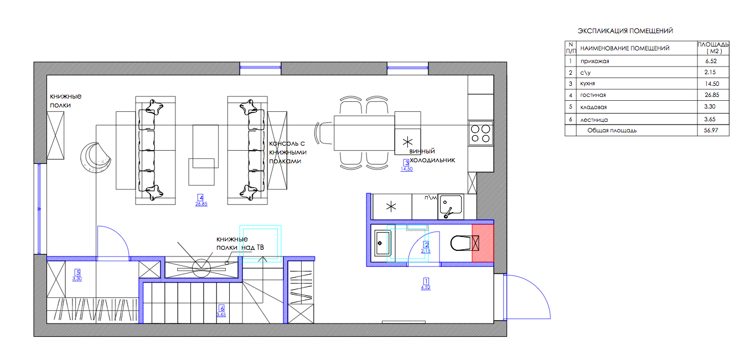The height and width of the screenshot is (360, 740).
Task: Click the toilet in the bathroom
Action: coord(461,243)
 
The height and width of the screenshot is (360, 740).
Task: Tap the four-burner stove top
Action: coord(480,133)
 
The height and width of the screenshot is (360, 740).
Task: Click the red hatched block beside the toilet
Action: coord(483,243)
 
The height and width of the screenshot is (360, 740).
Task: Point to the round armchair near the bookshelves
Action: coord(95,158)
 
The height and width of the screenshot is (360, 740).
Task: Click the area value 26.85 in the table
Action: coord(712,95)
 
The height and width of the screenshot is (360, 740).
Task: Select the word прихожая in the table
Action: coord(594,61)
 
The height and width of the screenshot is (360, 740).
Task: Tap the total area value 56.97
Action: coord(711,130)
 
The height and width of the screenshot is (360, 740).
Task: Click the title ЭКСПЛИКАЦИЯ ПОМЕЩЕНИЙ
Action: coord(625,31)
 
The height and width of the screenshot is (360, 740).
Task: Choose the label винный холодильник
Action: coord(432,156)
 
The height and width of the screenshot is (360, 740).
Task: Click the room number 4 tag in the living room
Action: coord(200,197)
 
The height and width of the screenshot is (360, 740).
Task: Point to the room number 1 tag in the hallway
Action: coord(426,281)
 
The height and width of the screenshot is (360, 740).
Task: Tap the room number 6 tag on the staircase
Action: coord(222,308)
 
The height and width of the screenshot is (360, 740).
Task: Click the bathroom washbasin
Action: coord(382,243)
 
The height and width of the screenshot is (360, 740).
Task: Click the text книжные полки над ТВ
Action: coord(240,243)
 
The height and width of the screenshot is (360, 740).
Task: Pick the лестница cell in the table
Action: coord(594,120)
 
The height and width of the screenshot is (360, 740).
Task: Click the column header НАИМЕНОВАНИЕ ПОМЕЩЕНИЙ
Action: coord(625,48)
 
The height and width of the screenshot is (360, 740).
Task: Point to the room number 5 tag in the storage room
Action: coord(77,272)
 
